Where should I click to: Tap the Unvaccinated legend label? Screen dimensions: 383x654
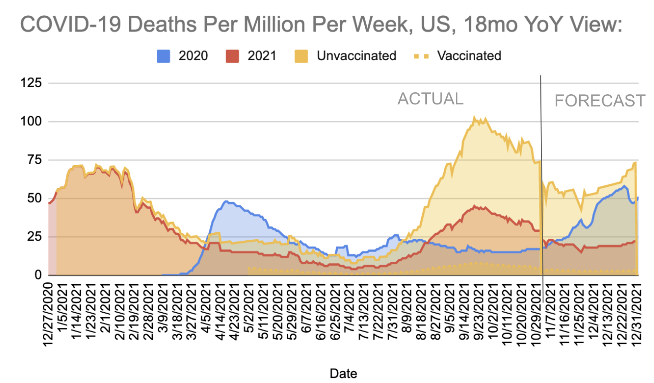coord(356,56)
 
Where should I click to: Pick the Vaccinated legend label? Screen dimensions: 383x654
coord(469,56)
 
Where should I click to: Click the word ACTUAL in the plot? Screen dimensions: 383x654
coord(430,99)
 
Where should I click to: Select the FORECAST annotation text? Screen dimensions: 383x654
coord(599,101)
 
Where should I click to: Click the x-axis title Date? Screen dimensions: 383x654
coord(343,373)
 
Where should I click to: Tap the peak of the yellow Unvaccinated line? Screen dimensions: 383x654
coord(474,117)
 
